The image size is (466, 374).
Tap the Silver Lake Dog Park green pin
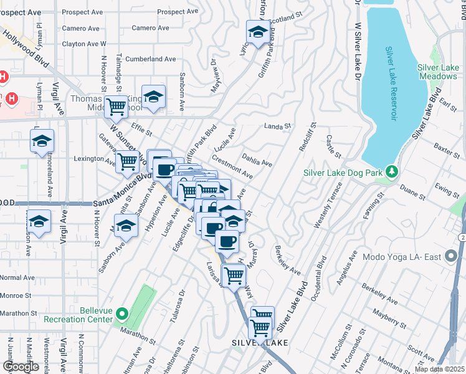tap(391, 170)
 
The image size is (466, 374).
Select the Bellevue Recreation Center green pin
tap(122, 314)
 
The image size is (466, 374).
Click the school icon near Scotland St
tap(257, 34)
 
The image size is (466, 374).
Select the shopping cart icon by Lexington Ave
tap(127, 162)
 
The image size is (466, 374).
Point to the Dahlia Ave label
tap(257, 161)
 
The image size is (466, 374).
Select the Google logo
tap(21, 367)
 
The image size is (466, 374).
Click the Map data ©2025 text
tap(440, 369)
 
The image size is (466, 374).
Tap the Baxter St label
tap(446, 149)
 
